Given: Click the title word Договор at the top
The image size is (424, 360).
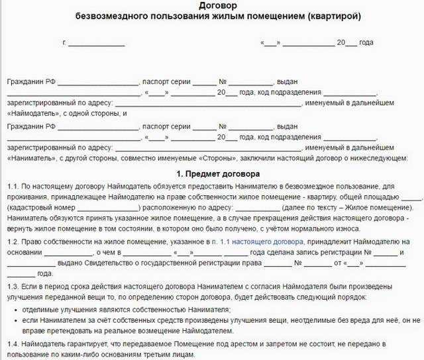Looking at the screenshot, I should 211,6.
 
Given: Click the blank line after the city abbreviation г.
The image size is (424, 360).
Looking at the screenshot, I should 97,43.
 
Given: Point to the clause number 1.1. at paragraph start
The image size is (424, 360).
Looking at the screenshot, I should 14,188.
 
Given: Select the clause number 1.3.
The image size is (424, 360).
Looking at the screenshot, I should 14,287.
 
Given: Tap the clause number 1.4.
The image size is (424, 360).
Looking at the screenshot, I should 14,345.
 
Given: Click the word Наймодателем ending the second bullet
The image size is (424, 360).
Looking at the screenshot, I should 207,330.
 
